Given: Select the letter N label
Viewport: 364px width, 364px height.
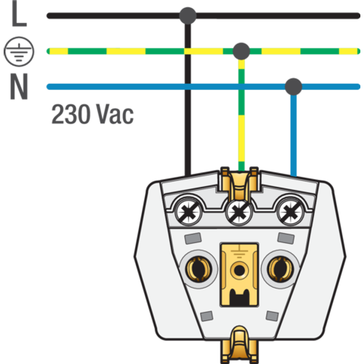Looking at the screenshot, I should (x=19, y=88).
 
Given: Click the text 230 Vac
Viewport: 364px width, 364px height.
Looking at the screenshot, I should (x=92, y=114).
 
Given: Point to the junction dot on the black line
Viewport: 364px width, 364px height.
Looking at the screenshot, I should (x=188, y=15).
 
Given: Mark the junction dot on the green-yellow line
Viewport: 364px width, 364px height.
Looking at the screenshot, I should (x=241, y=50).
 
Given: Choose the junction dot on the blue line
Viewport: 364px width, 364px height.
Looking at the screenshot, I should (x=294, y=86).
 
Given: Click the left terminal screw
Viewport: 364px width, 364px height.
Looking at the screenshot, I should (x=189, y=212).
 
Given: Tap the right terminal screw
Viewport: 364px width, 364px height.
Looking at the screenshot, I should (x=289, y=212).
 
